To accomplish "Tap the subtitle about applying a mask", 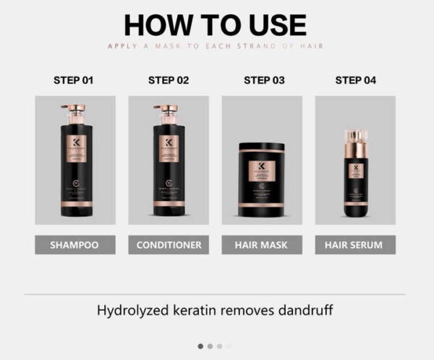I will [215, 46].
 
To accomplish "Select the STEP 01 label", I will [73, 80].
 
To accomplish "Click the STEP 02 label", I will [169, 80].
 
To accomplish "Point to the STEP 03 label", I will [263, 80].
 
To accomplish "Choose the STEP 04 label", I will [355, 80].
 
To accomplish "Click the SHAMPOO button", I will [75, 245].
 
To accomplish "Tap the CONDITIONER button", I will [169, 245].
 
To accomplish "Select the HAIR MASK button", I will [262, 245].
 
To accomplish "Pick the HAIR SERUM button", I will [355, 245].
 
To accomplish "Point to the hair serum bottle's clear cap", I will [355, 140].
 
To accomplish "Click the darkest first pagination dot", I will [200, 346].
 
